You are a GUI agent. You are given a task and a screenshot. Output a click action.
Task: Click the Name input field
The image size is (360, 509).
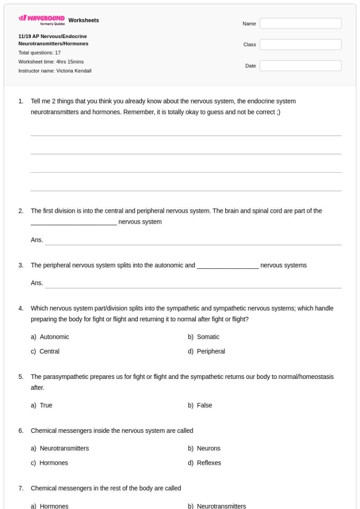point(300,24)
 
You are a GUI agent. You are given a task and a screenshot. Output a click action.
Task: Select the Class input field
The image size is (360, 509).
point(300,45)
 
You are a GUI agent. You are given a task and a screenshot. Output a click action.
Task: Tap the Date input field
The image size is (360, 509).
point(300,66)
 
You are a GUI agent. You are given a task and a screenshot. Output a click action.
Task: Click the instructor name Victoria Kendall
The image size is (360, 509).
point(55,71)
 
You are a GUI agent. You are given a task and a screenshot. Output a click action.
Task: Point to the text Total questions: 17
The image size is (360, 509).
point(40,52)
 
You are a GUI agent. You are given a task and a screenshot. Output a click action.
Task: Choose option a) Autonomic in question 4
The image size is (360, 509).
point(54,337)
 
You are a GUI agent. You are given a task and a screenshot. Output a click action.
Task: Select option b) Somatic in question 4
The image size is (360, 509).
point(208,337)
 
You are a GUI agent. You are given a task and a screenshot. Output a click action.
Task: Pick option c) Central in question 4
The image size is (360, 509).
point(49,352)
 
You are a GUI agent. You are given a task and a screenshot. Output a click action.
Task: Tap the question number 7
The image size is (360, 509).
point(21,487)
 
